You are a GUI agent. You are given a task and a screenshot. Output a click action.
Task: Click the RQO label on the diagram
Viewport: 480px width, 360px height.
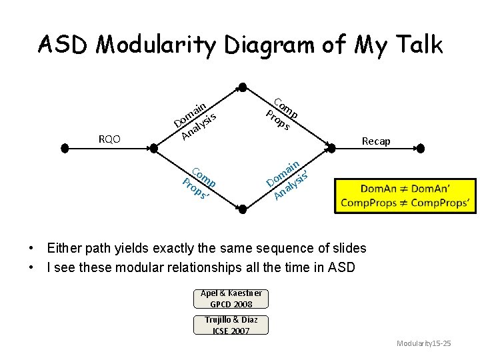point(109,139)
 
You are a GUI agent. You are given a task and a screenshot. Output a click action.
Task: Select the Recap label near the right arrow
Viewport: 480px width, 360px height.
point(375,141)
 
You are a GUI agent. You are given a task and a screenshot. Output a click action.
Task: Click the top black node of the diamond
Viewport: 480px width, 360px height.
point(243,87)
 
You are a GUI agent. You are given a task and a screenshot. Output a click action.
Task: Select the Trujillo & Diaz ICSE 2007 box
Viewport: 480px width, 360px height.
point(231,325)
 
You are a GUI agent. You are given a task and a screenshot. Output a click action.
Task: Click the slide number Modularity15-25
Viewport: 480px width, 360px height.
point(424,343)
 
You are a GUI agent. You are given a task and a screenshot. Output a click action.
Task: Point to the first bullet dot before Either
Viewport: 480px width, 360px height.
point(32,249)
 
